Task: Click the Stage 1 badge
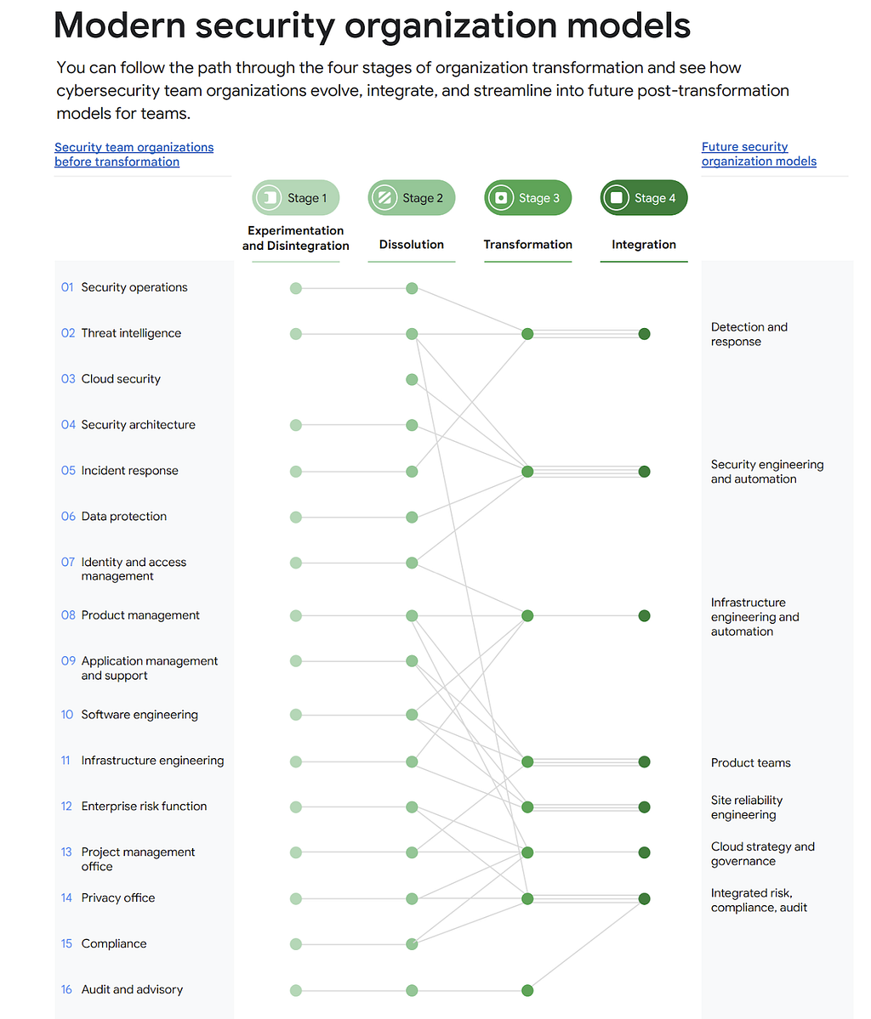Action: click(296, 197)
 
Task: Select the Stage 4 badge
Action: click(644, 197)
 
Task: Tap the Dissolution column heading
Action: click(412, 245)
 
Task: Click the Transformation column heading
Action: click(527, 245)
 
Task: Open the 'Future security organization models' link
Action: click(759, 154)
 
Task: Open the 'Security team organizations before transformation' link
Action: click(134, 155)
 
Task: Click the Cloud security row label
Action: click(121, 379)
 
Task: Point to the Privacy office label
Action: click(118, 898)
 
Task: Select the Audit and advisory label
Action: click(132, 990)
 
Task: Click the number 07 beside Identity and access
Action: click(68, 562)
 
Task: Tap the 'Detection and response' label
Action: click(749, 334)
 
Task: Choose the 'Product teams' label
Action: click(751, 763)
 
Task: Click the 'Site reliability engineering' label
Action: click(747, 807)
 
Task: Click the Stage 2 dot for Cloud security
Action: click(412, 380)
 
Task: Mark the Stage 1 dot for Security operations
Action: click(296, 288)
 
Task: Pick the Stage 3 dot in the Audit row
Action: click(527, 990)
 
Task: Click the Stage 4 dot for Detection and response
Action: click(644, 334)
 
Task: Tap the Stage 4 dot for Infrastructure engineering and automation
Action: click(644, 615)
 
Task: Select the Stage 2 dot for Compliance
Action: click(412, 944)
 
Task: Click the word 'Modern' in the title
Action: click(120, 25)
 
